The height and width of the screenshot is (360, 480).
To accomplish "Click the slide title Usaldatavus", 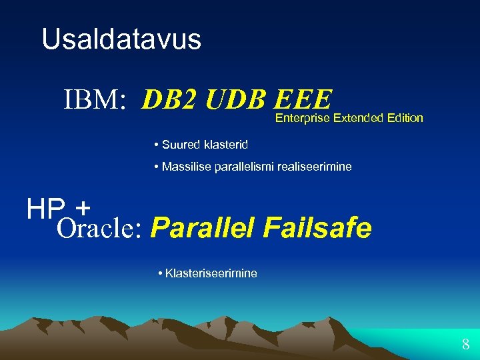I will pos(121,39).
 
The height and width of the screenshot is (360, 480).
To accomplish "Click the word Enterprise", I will pos(303,118).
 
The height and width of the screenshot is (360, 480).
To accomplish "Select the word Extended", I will pos(359,118).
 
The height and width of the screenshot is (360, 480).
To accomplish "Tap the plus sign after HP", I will pos(83,209).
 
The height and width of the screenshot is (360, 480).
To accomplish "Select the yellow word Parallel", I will pos(203,228).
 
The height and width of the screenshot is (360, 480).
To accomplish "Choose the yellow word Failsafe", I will pos(317,228).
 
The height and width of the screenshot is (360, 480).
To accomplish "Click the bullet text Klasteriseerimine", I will pos(211,273).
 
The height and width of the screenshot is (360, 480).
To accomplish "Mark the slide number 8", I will pos(465,345).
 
